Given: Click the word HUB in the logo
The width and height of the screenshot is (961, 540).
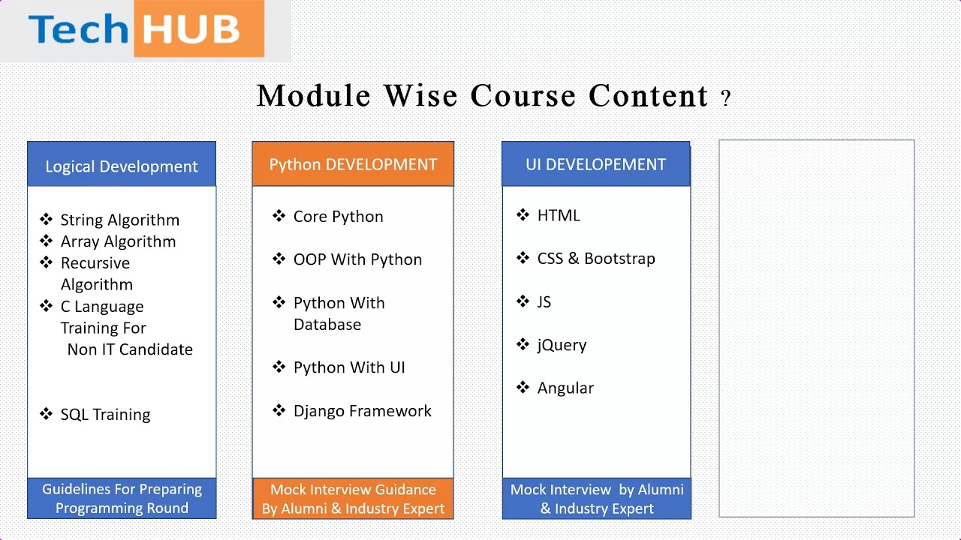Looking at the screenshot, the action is click(x=191, y=29).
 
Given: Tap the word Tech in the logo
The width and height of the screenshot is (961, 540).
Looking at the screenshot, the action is click(x=78, y=29).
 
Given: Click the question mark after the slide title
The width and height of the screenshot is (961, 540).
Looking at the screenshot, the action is click(x=725, y=98).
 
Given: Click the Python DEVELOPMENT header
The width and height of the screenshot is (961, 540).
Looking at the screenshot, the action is click(x=353, y=163).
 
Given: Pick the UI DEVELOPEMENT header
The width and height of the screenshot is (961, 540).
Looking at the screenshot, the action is click(x=596, y=163).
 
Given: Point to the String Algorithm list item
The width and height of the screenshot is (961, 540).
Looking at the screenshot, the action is click(x=119, y=220).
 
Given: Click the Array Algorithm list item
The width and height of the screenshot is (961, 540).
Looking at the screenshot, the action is click(x=118, y=241).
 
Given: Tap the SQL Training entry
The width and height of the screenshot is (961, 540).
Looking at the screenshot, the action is click(x=105, y=415).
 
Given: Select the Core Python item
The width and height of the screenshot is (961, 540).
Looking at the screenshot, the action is click(x=338, y=217).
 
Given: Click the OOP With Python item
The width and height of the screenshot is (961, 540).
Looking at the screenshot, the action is click(x=357, y=259).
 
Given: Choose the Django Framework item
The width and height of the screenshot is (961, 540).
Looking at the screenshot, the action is click(x=362, y=410).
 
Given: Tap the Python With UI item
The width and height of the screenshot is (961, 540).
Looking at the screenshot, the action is click(x=349, y=367).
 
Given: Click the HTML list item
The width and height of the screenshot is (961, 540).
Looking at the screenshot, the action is click(x=559, y=215).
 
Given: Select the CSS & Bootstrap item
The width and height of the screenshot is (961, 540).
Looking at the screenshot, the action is click(x=596, y=259).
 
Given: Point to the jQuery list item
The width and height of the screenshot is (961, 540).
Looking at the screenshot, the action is click(x=562, y=345).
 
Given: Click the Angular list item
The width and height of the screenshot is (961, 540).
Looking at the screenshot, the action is click(x=565, y=388).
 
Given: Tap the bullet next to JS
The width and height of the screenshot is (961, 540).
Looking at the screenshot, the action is click(x=523, y=301).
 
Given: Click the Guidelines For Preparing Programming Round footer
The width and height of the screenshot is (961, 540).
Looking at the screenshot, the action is click(x=122, y=499).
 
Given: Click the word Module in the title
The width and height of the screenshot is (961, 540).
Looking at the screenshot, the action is click(x=313, y=95).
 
